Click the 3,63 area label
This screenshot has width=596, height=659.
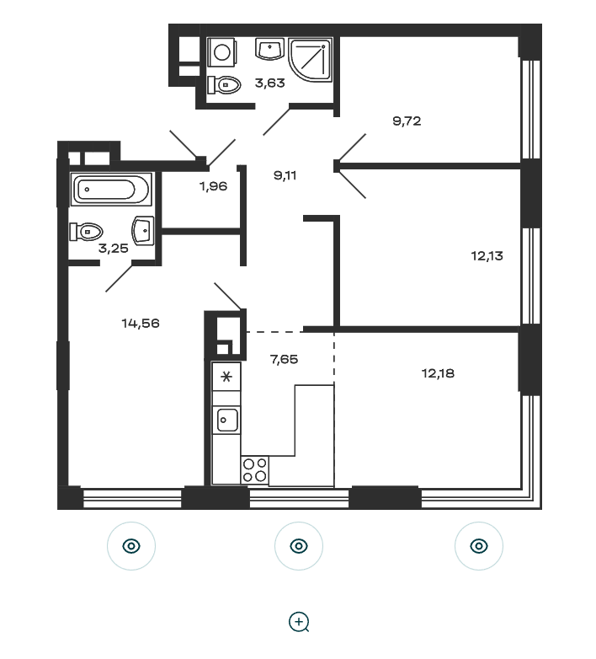[x=270, y=83]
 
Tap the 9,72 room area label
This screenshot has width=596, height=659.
[x=407, y=121]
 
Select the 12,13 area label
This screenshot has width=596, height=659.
[x=487, y=255]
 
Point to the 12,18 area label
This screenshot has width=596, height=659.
[x=438, y=373]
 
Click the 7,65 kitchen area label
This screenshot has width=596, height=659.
[x=285, y=359]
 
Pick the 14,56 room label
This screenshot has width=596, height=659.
[x=141, y=324]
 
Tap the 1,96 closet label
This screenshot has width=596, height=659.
[x=213, y=185]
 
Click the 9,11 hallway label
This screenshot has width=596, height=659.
[x=285, y=175]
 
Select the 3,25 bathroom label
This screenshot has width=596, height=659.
[x=114, y=249]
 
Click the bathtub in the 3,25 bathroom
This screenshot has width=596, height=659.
[x=111, y=189]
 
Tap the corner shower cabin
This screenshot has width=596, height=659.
[x=310, y=59]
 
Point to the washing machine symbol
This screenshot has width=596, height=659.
[x=222, y=52]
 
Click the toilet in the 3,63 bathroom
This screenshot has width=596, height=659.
[x=224, y=85]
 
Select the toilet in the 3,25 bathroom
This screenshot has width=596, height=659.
[x=87, y=232]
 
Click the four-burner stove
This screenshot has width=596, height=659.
[x=255, y=470]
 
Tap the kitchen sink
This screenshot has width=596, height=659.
[x=226, y=420]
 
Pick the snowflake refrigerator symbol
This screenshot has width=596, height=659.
[x=226, y=377]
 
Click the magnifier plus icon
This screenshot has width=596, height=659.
[x=299, y=622]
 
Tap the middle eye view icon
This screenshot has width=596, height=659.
[x=299, y=546]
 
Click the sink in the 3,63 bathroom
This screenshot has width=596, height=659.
[x=269, y=49]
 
